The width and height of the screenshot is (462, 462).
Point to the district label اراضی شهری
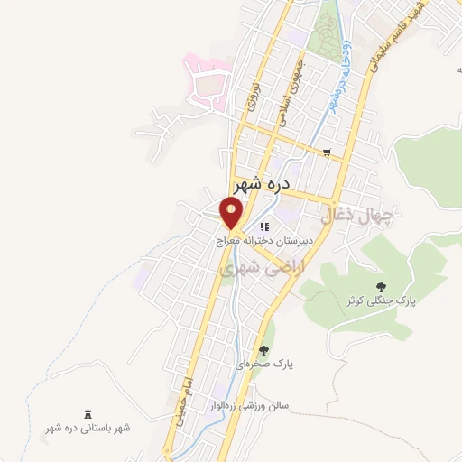tap(268, 265)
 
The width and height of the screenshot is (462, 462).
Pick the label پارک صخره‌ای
tap(265, 365)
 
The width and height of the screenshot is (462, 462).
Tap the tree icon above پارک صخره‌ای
tap(263, 350)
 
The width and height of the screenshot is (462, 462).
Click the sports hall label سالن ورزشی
tap(246, 406)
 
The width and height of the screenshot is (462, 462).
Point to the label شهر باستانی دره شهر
tap(88, 428)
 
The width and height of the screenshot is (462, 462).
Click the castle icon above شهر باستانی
tap(88, 411)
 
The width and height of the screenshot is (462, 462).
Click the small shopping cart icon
tap(327, 153)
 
